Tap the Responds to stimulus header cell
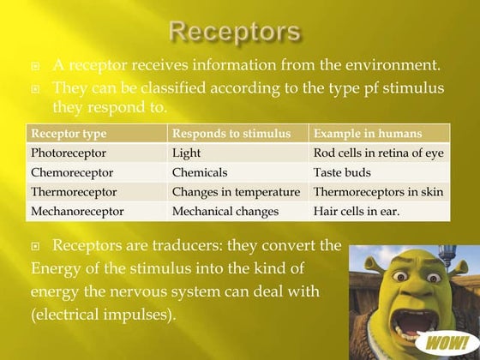tap(226, 135)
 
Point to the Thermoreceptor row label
tap(74, 191)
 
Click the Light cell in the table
tap(186, 153)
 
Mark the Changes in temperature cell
tap(236, 191)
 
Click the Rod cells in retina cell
tap(378, 153)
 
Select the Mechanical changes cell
tap(225, 210)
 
